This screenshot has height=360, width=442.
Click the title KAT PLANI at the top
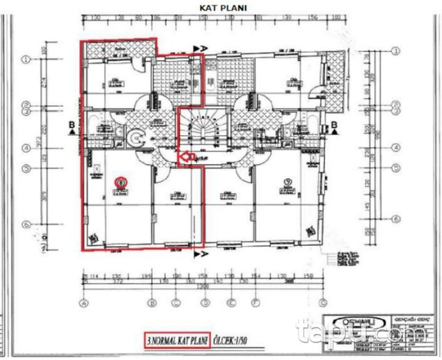pyautogui.click(x=223, y=7)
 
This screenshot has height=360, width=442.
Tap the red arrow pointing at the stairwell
pyautogui.click(x=186, y=157)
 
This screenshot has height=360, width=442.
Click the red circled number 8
pyautogui.click(x=121, y=180)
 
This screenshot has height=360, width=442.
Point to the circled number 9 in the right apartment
pyautogui.click(x=288, y=180)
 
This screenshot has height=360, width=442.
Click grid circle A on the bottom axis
pyautogui.click(x=84, y=303)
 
